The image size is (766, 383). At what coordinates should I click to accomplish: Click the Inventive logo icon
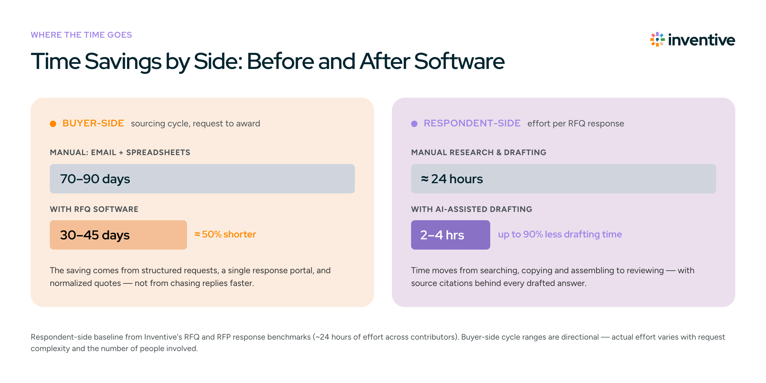coord(657,40)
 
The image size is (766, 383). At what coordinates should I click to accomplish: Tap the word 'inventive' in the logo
coord(702,40)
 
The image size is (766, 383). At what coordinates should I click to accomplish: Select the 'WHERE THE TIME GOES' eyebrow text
coord(81,35)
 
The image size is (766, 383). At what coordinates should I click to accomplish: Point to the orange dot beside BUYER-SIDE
coord(53,124)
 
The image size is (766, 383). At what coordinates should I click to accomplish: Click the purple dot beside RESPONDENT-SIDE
coord(414,124)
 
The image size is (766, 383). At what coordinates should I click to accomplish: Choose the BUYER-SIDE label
coord(93,123)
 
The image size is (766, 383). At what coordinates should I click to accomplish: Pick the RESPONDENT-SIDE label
coord(472,123)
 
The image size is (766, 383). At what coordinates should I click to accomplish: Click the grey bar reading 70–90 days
coord(202,179)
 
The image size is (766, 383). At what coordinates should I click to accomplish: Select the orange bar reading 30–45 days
coord(118,235)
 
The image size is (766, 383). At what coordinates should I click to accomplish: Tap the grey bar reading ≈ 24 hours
coord(564,179)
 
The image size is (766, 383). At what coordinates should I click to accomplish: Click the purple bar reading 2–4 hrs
coord(451,235)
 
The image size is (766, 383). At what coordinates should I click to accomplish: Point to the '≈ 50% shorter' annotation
coord(225,234)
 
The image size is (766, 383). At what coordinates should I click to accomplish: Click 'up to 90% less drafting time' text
coord(560,234)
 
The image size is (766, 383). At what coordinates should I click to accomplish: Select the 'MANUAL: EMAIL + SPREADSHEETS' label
coord(120,153)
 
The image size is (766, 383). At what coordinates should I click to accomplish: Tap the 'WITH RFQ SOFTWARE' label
coord(94,209)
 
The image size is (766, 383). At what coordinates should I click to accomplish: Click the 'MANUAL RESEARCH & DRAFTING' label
coord(479,153)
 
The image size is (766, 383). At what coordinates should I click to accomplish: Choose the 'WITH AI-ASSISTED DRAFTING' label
coord(472,209)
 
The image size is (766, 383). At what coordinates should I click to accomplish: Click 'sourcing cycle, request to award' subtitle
coord(196,124)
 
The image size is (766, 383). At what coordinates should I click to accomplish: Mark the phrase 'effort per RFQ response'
coord(576,124)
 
